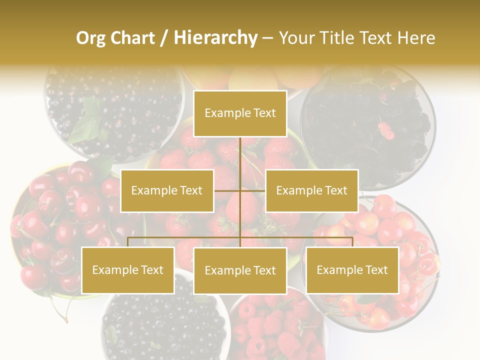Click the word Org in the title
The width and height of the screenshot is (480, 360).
(x=90, y=38)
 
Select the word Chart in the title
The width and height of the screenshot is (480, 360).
(x=130, y=38)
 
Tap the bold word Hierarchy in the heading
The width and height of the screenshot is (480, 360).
(x=215, y=38)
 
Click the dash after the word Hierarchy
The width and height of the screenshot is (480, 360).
(x=267, y=38)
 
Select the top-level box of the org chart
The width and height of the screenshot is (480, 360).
(x=240, y=113)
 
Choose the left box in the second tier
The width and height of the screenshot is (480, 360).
(x=167, y=190)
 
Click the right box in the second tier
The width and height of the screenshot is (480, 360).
(x=311, y=190)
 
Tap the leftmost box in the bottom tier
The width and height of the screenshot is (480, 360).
(x=127, y=270)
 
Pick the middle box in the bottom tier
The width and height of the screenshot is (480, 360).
(x=240, y=270)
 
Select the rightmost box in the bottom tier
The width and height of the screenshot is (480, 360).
(x=352, y=270)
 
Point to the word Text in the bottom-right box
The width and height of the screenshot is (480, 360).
(x=375, y=270)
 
